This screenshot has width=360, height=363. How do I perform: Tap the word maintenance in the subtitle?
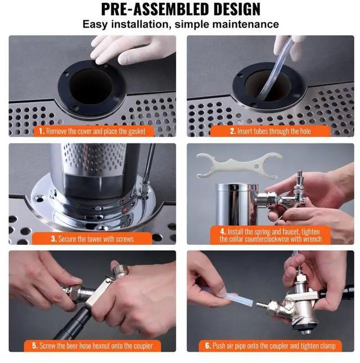click(x=245, y=24)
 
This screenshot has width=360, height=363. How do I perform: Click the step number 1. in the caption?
click(x=42, y=131)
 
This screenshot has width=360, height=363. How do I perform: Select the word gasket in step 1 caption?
click(x=137, y=132)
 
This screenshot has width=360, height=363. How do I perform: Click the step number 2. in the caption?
click(x=233, y=131)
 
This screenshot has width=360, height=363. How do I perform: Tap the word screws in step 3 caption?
click(x=124, y=239)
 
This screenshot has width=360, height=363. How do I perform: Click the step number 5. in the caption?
click(x=35, y=346)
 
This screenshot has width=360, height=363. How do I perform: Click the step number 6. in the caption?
click(x=208, y=346)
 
